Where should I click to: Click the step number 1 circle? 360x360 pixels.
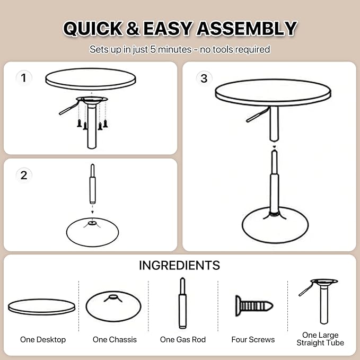point(23,78)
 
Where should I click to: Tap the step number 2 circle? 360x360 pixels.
point(23,175)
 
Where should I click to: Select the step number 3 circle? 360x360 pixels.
point(204,78)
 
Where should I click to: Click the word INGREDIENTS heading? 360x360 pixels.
point(179,266)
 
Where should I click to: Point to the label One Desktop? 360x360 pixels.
point(42,339)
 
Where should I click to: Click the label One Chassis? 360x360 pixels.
point(115,339)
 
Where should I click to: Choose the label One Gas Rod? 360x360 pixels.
point(183,339)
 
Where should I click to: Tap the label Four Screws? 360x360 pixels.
point(253,339)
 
